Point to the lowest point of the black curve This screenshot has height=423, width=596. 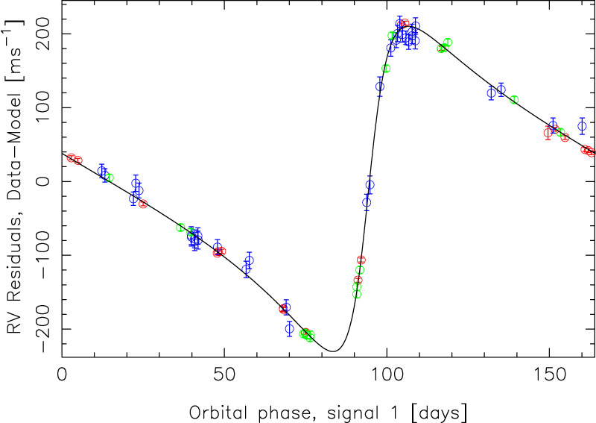pyautogui.click(x=332, y=351)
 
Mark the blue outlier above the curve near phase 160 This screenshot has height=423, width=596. pyautogui.click(x=582, y=126)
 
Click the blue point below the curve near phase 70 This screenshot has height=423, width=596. pyautogui.click(x=290, y=328)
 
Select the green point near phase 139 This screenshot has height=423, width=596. pyautogui.click(x=514, y=100)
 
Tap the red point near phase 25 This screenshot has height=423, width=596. pyautogui.click(x=143, y=204)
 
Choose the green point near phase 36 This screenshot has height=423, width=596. pyautogui.click(x=180, y=228)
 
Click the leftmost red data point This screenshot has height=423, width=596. pyautogui.click(x=71, y=157)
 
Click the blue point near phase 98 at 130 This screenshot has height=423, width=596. pyautogui.click(x=380, y=86)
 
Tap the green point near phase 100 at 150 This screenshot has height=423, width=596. pyautogui.click(x=386, y=69)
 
